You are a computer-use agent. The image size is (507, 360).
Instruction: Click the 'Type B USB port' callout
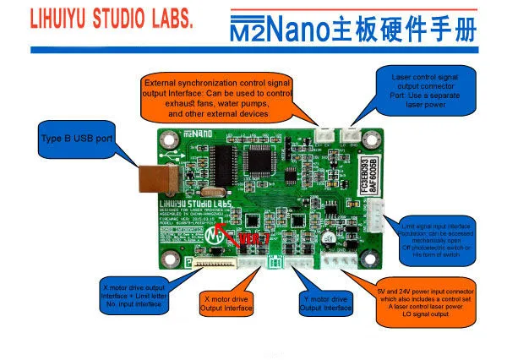tap(78, 136)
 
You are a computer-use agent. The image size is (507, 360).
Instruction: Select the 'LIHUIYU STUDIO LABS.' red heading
tap(99, 19)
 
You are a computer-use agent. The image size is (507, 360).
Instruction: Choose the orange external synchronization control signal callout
tap(218, 97)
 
